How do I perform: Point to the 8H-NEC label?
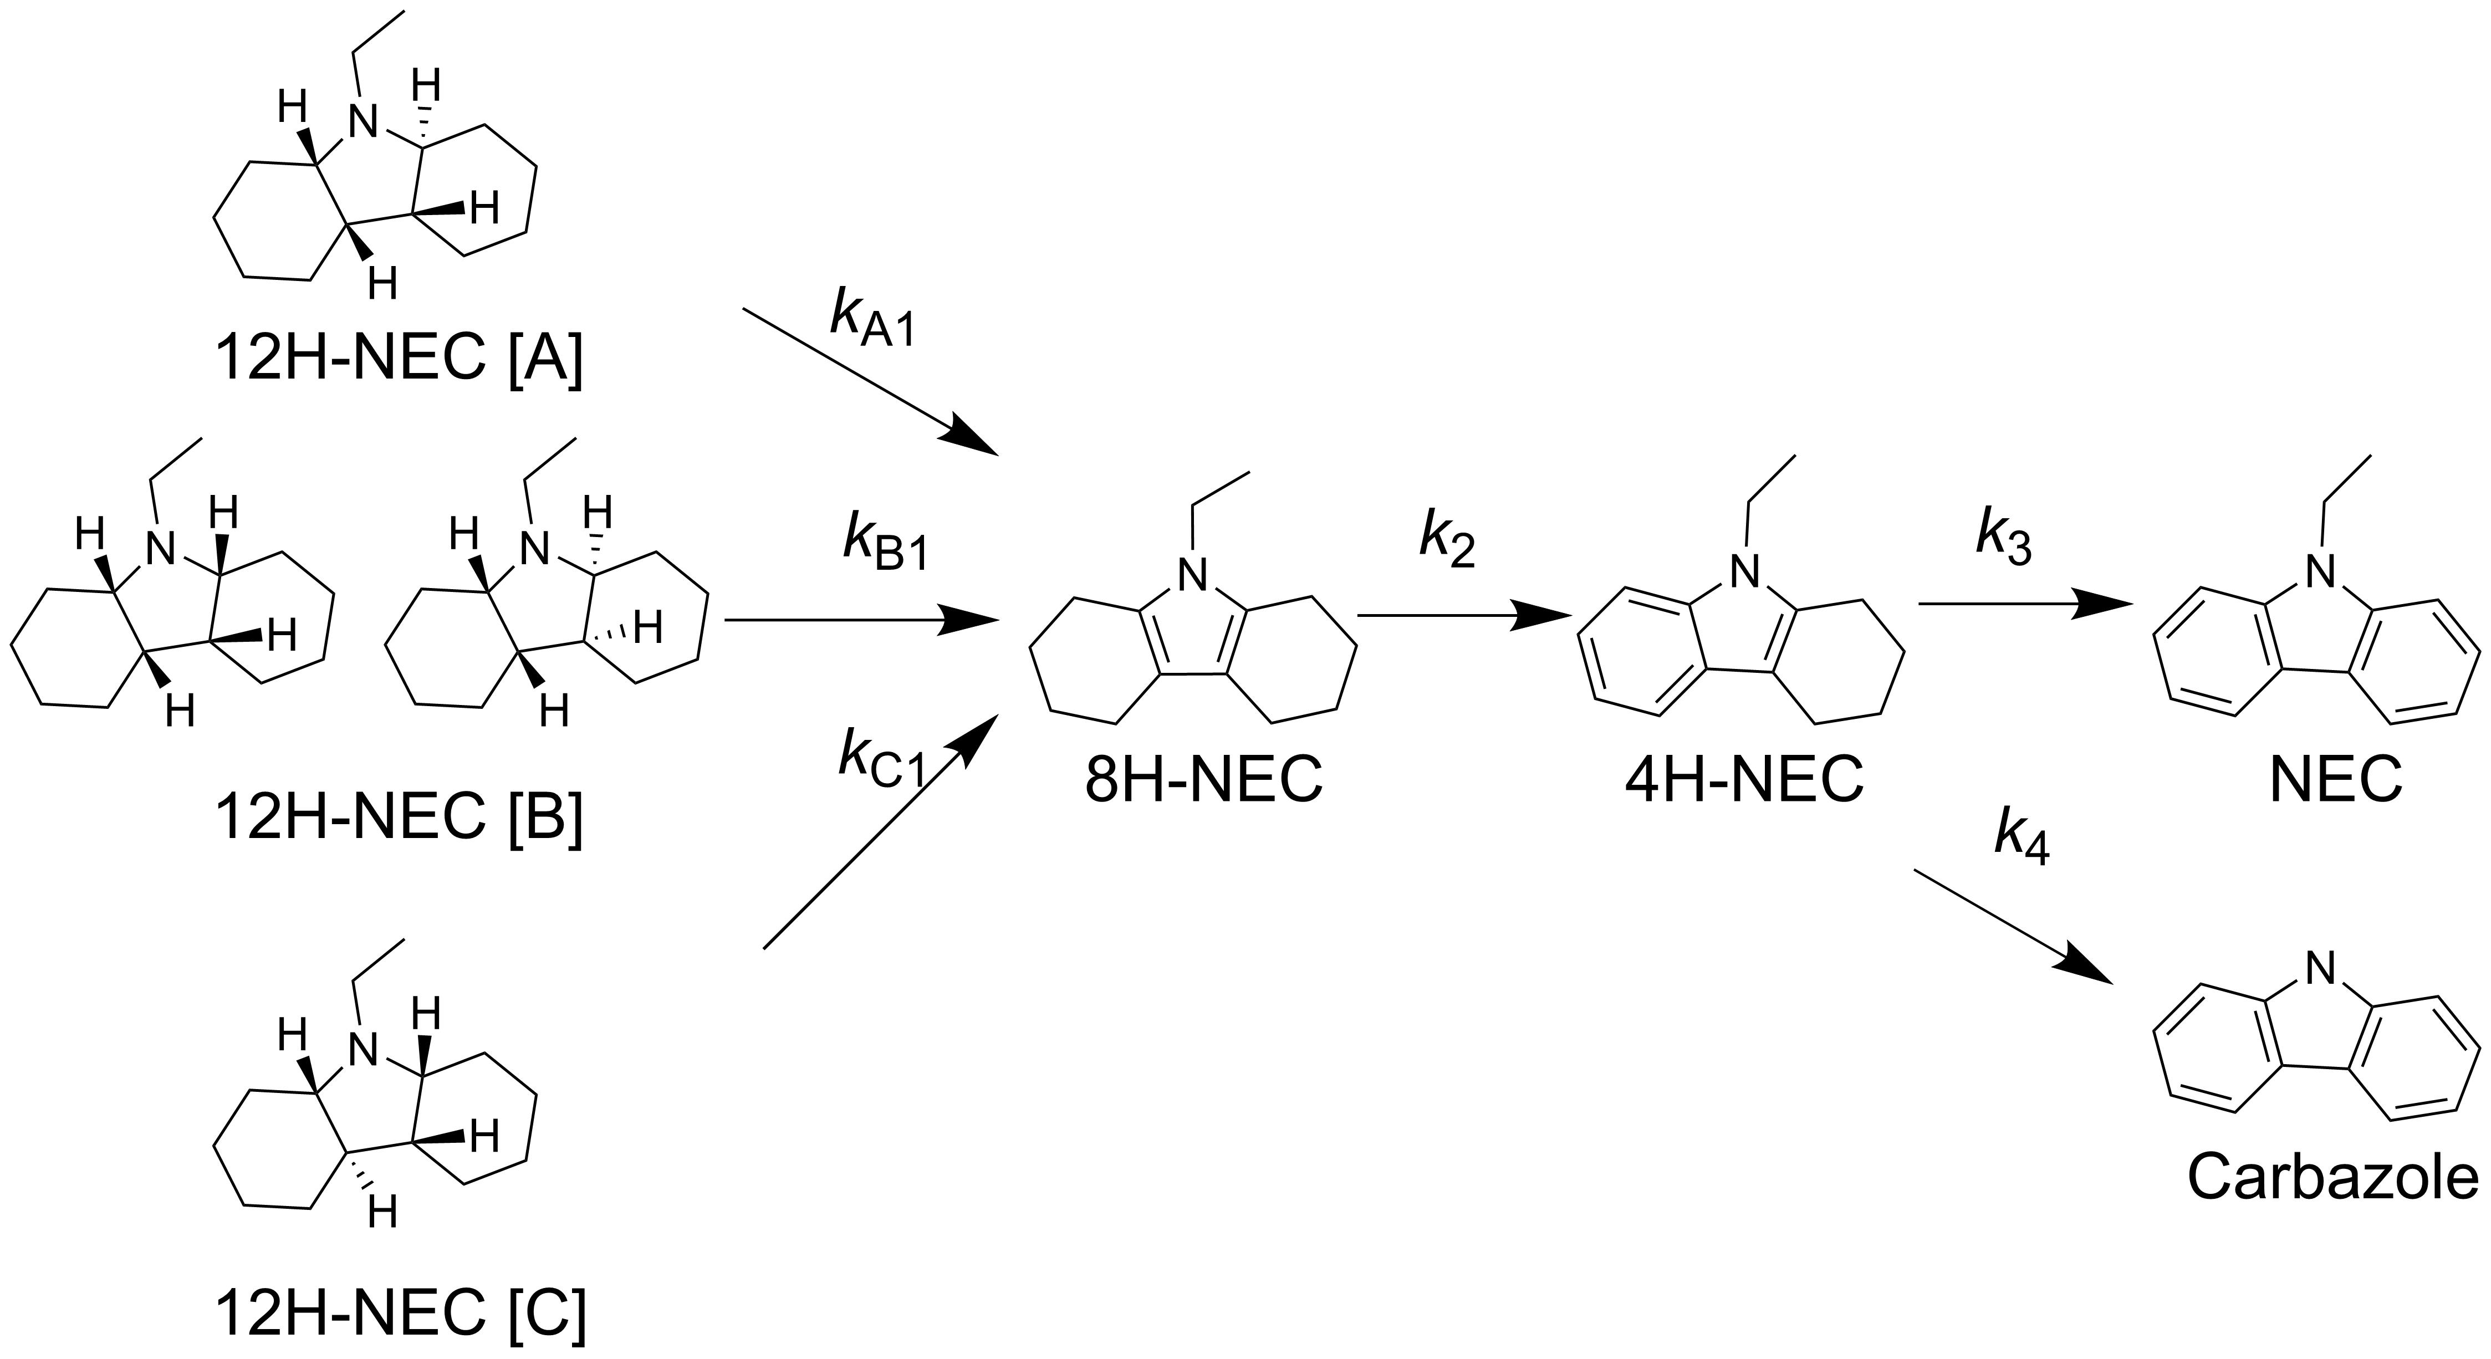tap(1203, 779)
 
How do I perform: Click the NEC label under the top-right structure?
tap(2335, 779)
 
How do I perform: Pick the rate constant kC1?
tap(882, 758)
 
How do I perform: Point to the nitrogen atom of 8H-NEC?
tap(1195, 578)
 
